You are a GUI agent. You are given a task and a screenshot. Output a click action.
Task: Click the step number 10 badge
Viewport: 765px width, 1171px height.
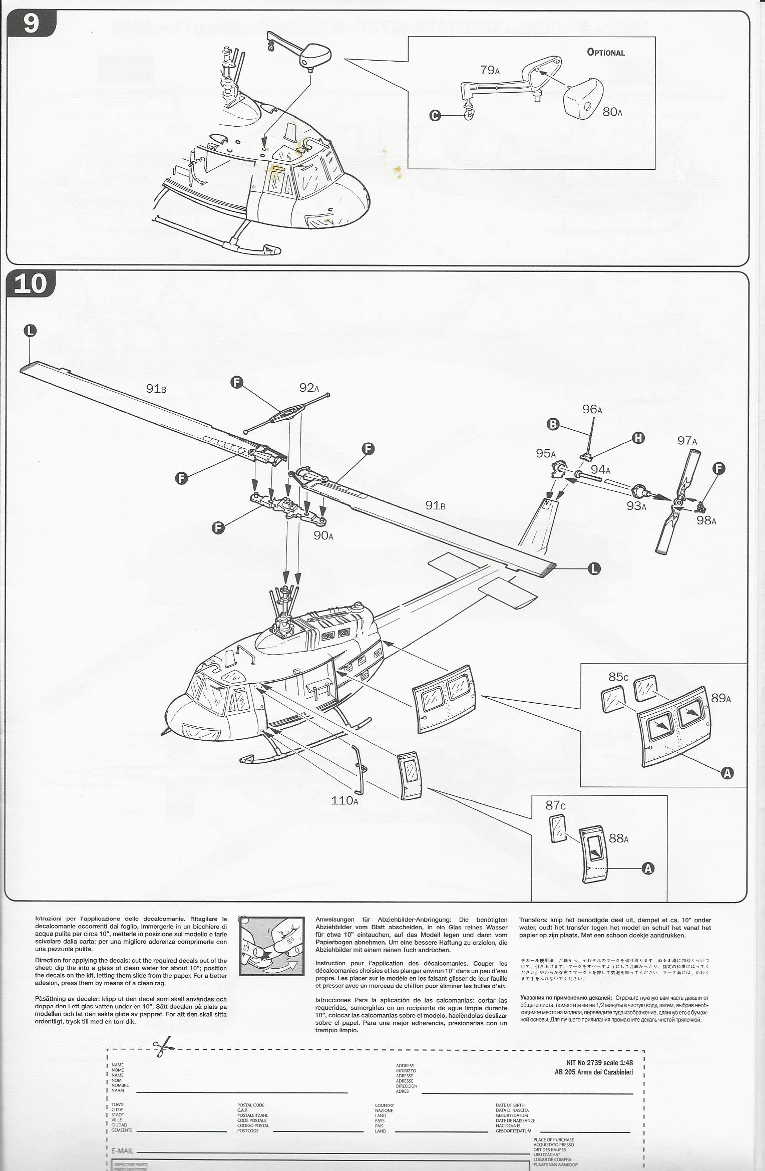point(31,284)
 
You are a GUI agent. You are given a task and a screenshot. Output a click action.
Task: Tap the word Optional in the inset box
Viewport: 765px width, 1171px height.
point(606,53)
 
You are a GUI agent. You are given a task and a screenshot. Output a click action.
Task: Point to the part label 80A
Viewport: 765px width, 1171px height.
point(612,112)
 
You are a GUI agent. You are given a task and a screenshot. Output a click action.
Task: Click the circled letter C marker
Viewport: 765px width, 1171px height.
point(435,116)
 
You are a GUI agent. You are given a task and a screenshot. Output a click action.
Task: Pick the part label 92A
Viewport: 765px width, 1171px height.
point(309,388)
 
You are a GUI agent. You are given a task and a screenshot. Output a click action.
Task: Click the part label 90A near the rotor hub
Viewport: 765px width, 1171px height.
point(323,535)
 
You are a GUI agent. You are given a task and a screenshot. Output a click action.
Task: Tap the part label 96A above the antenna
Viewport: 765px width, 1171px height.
point(592,409)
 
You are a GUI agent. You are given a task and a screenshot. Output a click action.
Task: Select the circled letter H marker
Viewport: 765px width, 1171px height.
point(638,438)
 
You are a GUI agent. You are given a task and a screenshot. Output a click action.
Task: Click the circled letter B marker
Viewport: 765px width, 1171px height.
point(553,424)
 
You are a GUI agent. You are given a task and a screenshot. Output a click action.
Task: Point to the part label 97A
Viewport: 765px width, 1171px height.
point(687,441)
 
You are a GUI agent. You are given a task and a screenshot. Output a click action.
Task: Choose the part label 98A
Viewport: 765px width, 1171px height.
point(706,520)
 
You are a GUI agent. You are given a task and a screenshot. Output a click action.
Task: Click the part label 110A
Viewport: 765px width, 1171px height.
point(344,800)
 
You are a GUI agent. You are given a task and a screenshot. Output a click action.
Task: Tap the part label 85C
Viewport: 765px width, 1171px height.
point(618,677)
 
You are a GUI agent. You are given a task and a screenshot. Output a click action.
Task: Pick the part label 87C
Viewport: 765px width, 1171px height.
point(555,805)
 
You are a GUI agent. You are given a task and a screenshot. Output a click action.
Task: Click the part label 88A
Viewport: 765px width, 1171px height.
point(618,838)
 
